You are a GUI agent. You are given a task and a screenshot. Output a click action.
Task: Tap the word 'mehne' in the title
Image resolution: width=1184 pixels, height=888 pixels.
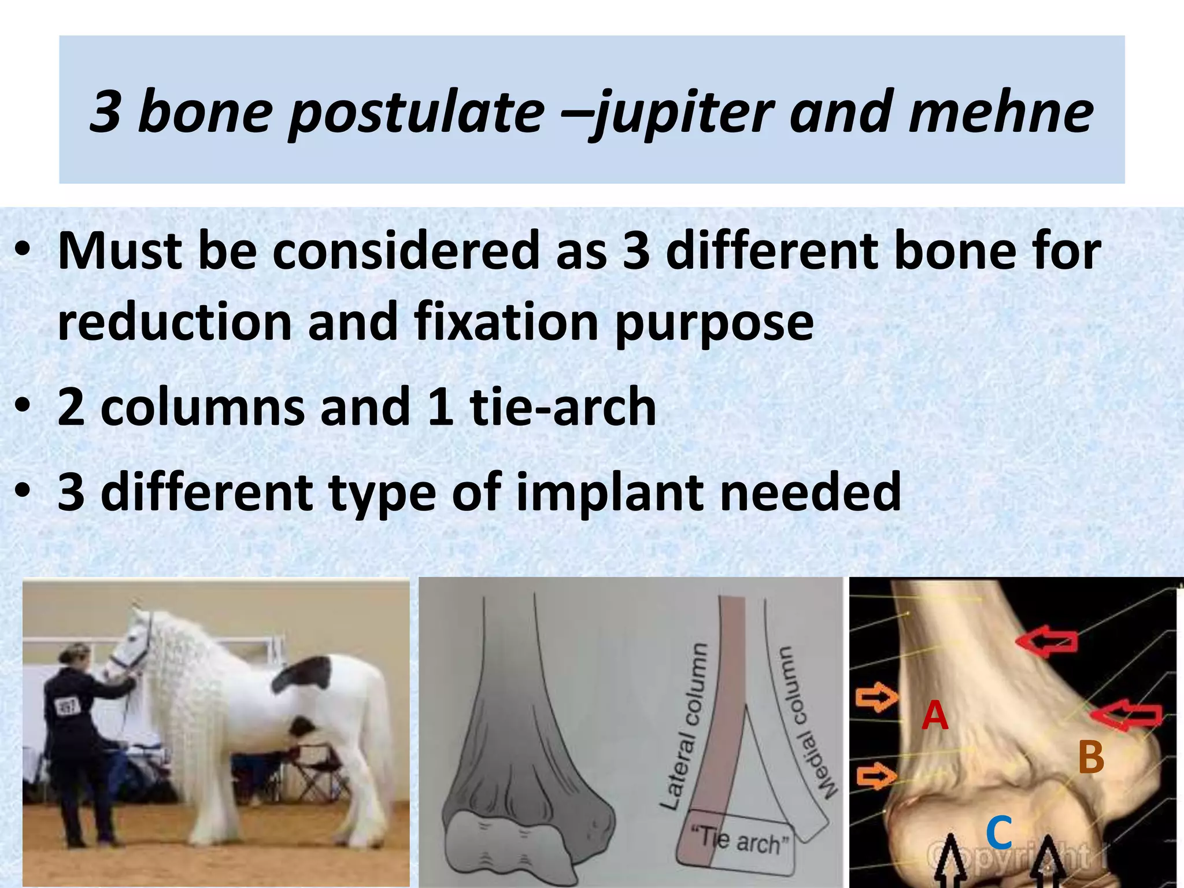tap(1000, 111)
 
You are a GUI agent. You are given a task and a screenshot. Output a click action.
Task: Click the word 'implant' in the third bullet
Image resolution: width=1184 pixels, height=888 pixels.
tap(610, 491)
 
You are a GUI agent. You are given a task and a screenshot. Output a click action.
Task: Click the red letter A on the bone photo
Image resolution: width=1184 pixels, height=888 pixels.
tap(935, 715)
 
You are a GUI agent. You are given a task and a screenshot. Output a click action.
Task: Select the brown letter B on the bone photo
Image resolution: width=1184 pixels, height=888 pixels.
tap(1091, 757)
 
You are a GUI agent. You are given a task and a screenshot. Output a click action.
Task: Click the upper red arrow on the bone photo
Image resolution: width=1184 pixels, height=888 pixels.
tap(1046, 642)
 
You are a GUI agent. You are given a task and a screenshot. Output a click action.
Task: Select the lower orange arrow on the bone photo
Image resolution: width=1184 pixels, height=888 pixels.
tap(875, 775)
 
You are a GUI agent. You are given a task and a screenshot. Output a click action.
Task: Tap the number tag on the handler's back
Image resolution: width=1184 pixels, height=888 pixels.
tap(65, 706)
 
